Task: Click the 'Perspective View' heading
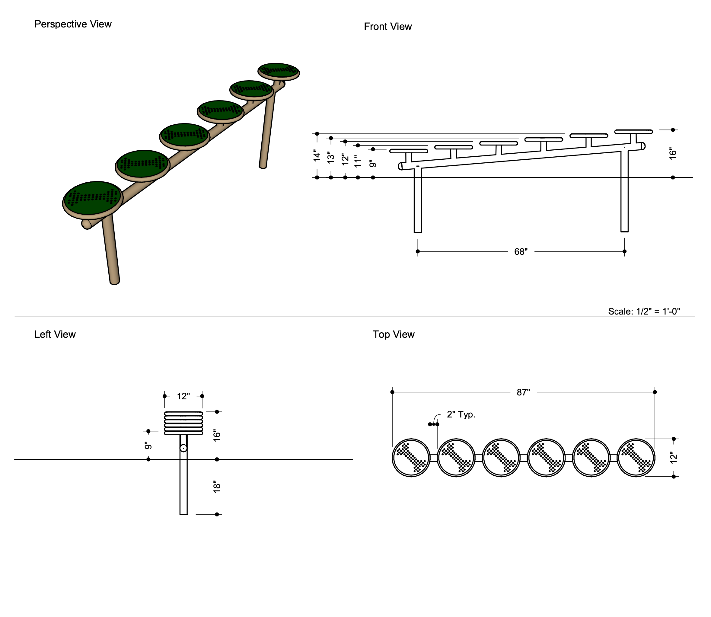pyautogui.click(x=73, y=24)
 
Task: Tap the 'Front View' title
pyautogui.click(x=387, y=27)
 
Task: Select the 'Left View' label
pyautogui.click(x=55, y=334)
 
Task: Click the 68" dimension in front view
pyautogui.click(x=521, y=252)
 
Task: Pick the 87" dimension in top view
pyautogui.click(x=523, y=392)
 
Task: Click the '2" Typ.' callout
pyautogui.click(x=461, y=414)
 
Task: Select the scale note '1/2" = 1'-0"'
pyautogui.click(x=644, y=311)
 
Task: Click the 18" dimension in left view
pyautogui.click(x=217, y=487)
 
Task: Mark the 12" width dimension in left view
pyautogui.click(x=183, y=396)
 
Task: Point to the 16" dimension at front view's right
pyautogui.click(x=673, y=154)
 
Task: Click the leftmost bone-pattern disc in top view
pyautogui.click(x=411, y=458)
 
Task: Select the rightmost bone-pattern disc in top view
pyautogui.click(x=636, y=458)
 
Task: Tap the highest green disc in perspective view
pyautogui.click(x=279, y=71)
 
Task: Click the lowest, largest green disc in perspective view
pyautogui.click(x=93, y=198)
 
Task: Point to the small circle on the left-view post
pyautogui.click(x=183, y=448)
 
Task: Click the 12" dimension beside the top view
pyautogui.click(x=674, y=458)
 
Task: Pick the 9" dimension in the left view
pyautogui.click(x=148, y=446)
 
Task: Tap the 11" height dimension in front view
pyautogui.click(x=358, y=161)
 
